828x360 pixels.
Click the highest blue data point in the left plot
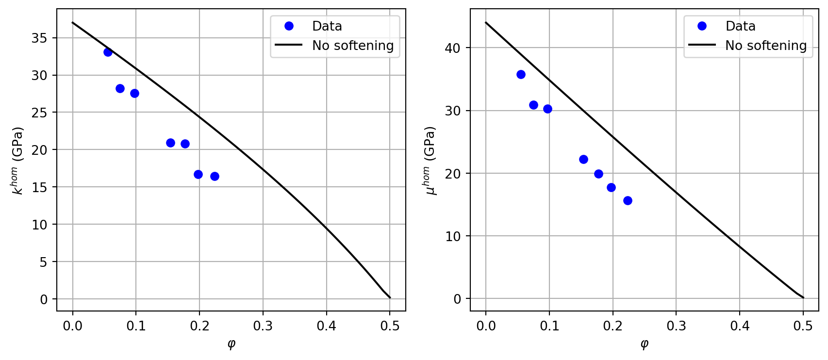point(108,52)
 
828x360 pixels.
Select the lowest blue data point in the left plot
point(215,176)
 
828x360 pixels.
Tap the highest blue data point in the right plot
point(521,74)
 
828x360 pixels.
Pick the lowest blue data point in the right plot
point(628,200)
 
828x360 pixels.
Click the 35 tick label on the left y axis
point(39,38)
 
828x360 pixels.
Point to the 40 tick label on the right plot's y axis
point(452,48)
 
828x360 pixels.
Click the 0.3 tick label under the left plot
point(263,326)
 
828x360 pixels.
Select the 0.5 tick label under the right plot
point(803,326)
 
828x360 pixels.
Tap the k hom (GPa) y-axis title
point(18,160)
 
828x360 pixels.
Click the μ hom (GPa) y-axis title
point(431,160)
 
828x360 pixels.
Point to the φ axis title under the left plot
point(232,344)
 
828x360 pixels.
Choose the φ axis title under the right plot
point(645,344)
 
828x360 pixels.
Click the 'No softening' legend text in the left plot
point(353,46)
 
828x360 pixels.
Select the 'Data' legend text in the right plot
point(740,26)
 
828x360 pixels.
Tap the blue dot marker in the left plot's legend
point(289,26)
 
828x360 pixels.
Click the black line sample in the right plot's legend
point(702,45)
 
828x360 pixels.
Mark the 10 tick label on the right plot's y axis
point(452,236)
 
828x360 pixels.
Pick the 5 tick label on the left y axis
point(44,262)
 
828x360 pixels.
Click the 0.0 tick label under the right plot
point(486,326)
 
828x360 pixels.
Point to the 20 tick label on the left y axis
point(39,150)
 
